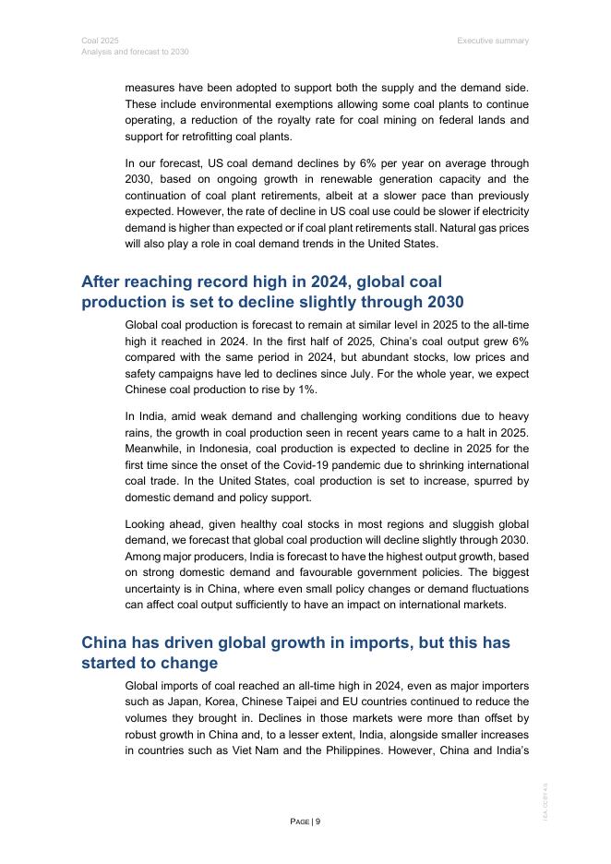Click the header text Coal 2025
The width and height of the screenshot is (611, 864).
pyautogui.click(x=93, y=41)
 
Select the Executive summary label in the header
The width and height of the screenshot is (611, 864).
pyautogui.click(x=493, y=41)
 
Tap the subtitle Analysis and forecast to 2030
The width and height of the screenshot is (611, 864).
pyautogui.click(x=135, y=52)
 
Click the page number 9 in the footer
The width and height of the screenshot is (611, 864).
pyautogui.click(x=318, y=822)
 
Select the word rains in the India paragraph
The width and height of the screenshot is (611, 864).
pyautogui.click(x=139, y=433)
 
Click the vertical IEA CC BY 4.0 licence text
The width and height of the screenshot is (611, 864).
pyautogui.click(x=545, y=803)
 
